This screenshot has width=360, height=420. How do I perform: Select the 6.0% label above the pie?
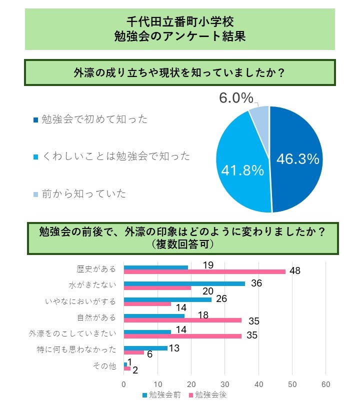236,98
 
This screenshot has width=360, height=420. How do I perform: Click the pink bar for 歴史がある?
204,271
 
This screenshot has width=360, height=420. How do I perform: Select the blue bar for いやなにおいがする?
167,300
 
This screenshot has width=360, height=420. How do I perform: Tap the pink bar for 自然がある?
182,320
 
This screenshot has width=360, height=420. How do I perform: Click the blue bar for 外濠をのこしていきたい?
147,332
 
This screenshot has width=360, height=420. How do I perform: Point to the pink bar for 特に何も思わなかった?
133,352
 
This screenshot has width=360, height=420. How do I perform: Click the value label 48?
295,271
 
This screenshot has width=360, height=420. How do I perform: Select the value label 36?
256,283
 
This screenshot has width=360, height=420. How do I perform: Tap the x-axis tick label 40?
258,384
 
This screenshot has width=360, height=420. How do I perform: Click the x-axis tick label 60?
325,384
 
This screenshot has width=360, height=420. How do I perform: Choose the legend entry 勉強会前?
163,395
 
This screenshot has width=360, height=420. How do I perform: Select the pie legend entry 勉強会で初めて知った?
94,119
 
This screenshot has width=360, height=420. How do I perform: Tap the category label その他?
104,365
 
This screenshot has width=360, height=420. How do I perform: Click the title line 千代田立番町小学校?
180,22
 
